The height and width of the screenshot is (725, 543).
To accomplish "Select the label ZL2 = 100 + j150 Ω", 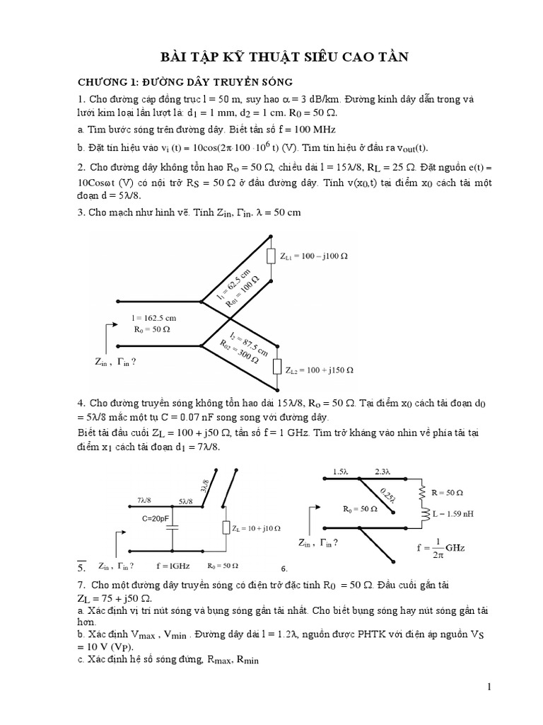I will [x=320, y=370].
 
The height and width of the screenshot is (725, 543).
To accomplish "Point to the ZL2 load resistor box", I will [x=277, y=367].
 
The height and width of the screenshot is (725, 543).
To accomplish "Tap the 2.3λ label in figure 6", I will [x=381, y=471].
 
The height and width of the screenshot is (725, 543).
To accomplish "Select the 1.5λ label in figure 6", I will [x=341, y=471].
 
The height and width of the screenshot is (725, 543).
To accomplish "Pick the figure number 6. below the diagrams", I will [x=284, y=569].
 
